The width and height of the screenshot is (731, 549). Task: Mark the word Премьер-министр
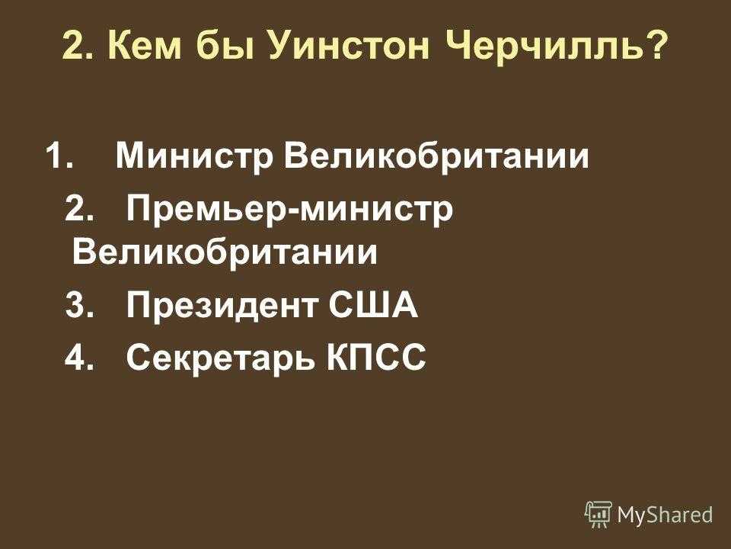pyautogui.click(x=289, y=210)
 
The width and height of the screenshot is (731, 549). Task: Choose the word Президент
pyautogui.click(x=223, y=307)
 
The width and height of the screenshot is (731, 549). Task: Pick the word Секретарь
pyautogui.click(x=221, y=358)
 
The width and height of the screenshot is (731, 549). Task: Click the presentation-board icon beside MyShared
pyautogui.click(x=599, y=515)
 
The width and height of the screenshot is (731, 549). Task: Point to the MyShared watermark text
pyautogui.click(x=665, y=515)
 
